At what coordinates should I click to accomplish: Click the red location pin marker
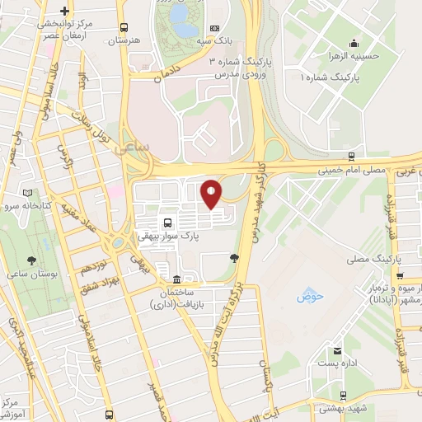pyautogui.click(x=211, y=195)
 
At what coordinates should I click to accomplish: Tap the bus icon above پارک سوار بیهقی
pyautogui.click(x=168, y=223)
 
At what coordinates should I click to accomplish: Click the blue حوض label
pyautogui.click(x=307, y=294)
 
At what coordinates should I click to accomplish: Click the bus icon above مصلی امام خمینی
pyautogui.click(x=351, y=155)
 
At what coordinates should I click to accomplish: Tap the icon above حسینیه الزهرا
pyautogui.click(x=354, y=44)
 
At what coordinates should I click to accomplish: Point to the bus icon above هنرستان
pyautogui.click(x=123, y=27)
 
